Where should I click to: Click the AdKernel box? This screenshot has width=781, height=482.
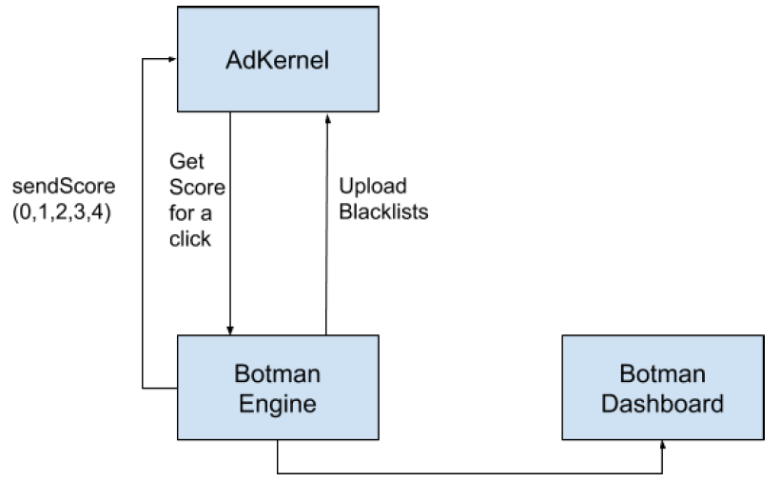(x=278, y=59)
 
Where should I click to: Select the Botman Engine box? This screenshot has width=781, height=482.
(x=278, y=387)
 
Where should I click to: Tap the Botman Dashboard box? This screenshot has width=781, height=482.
(x=663, y=387)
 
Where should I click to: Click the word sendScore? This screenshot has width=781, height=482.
(x=64, y=187)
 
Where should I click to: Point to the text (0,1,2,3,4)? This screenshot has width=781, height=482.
(x=62, y=212)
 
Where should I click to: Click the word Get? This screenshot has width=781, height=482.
(x=186, y=161)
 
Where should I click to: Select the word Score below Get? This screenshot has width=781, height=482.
(x=197, y=187)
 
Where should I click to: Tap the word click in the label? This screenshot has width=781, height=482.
(x=189, y=239)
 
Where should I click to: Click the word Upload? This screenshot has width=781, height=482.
(x=373, y=187)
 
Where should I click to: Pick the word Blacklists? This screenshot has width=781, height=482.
(x=383, y=212)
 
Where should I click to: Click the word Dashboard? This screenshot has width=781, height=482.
(x=662, y=403)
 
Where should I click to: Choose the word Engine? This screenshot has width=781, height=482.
(x=278, y=404)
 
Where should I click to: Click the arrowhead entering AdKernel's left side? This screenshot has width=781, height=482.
(x=173, y=59)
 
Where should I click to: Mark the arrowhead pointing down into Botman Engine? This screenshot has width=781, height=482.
(x=230, y=331)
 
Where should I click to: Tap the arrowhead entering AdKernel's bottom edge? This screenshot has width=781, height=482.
(x=328, y=118)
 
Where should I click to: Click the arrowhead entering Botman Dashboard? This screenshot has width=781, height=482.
(x=663, y=444)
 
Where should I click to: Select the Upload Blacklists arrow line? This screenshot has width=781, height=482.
(x=326, y=224)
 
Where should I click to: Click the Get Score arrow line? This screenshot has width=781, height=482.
(x=230, y=224)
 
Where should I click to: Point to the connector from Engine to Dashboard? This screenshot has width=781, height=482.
(x=470, y=473)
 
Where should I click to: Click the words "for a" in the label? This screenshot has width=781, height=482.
(x=190, y=213)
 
